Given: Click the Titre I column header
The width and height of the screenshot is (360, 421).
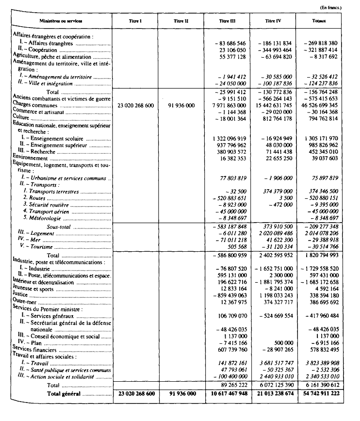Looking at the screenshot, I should click(x=134, y=22).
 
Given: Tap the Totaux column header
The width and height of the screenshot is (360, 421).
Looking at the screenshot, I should click(x=326, y=22).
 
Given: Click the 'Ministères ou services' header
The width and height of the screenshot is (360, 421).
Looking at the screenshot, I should click(x=61, y=22).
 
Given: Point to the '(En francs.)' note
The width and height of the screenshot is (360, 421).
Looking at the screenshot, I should click(x=332, y=7).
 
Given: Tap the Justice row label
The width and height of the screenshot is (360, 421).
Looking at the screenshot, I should click(x=22, y=294).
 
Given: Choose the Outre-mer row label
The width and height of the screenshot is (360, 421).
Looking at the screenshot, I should click(x=25, y=301).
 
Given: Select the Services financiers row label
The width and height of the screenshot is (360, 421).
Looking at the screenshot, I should click(x=34, y=349).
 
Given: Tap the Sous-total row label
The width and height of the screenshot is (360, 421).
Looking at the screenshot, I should click(x=61, y=227).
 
